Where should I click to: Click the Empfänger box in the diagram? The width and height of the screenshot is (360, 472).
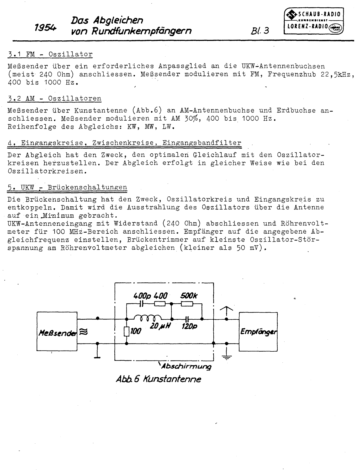pos(258,331)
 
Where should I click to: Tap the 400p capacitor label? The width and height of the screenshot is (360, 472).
pos(142,296)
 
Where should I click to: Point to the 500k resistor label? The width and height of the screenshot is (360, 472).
pos(189,296)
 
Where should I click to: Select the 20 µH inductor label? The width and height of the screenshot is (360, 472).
pos(160,327)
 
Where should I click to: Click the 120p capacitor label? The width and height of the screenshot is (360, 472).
pos(189,327)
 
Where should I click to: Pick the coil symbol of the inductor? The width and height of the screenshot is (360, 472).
pos(148,318)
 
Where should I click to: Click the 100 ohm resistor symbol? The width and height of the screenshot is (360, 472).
pos(127,331)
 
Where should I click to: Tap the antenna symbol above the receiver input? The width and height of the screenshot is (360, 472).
pos(226,311)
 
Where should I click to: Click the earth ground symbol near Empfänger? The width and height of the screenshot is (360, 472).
pos(227,356)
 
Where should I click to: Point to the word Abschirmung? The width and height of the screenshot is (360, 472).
pos(186,366)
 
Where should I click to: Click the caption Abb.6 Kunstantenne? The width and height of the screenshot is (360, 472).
pos(158,379)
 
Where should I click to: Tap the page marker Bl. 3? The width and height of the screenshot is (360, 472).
pos(260,31)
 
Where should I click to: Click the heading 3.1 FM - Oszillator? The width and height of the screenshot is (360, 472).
pos(50,54)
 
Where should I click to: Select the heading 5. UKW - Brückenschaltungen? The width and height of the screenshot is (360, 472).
pos(67,187)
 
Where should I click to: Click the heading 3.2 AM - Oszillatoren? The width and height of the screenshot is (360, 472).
pos(55,99)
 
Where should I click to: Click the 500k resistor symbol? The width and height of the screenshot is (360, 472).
pos(187,304)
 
